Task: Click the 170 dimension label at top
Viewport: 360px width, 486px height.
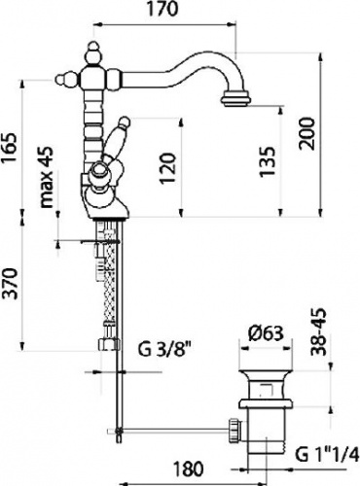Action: tap(163, 9)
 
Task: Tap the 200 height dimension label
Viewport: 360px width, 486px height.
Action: tap(307, 133)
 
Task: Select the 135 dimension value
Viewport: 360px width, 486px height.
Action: tap(268, 162)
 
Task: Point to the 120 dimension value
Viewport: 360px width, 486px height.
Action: tap(168, 168)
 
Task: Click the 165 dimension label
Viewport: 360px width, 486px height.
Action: tap(9, 149)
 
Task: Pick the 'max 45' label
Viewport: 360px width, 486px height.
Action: tap(46, 177)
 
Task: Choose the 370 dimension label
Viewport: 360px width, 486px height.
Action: tap(9, 284)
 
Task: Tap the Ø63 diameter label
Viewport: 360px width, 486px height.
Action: tap(266, 333)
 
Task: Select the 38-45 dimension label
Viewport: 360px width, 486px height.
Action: tap(318, 332)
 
